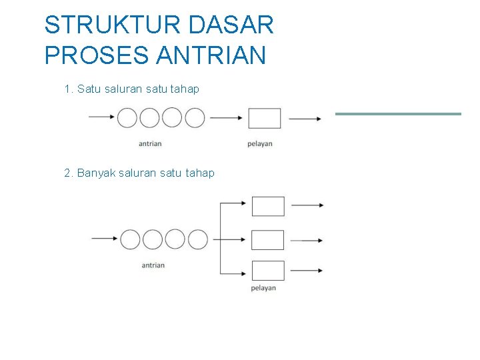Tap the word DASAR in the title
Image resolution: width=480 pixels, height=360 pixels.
tap(231, 25)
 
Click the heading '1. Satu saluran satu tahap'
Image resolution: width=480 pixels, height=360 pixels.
tap(131, 89)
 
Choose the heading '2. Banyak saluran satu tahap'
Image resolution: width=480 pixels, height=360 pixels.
tap(139, 173)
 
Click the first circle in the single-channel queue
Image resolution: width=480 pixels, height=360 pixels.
tap(127, 118)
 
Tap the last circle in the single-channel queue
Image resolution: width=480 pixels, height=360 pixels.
tap(195, 118)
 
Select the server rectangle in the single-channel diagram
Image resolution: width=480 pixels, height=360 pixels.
tap(265, 118)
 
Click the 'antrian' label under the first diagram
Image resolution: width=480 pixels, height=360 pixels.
tap(150, 143)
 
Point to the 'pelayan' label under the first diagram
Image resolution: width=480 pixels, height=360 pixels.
tap(260, 143)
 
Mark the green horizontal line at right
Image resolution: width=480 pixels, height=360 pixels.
tap(398, 114)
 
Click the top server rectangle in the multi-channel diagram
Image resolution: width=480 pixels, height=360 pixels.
tap(268, 206)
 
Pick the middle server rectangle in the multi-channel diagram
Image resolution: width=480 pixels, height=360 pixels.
tap(268, 239)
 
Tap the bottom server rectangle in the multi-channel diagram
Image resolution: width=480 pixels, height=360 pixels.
tap(268, 271)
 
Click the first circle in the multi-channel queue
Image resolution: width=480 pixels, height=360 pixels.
tap(130, 239)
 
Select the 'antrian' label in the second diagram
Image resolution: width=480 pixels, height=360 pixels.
tap(153, 265)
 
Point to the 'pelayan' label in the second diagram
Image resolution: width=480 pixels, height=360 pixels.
tap(263, 288)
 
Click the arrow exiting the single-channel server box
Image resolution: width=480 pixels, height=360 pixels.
tap(305, 119)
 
